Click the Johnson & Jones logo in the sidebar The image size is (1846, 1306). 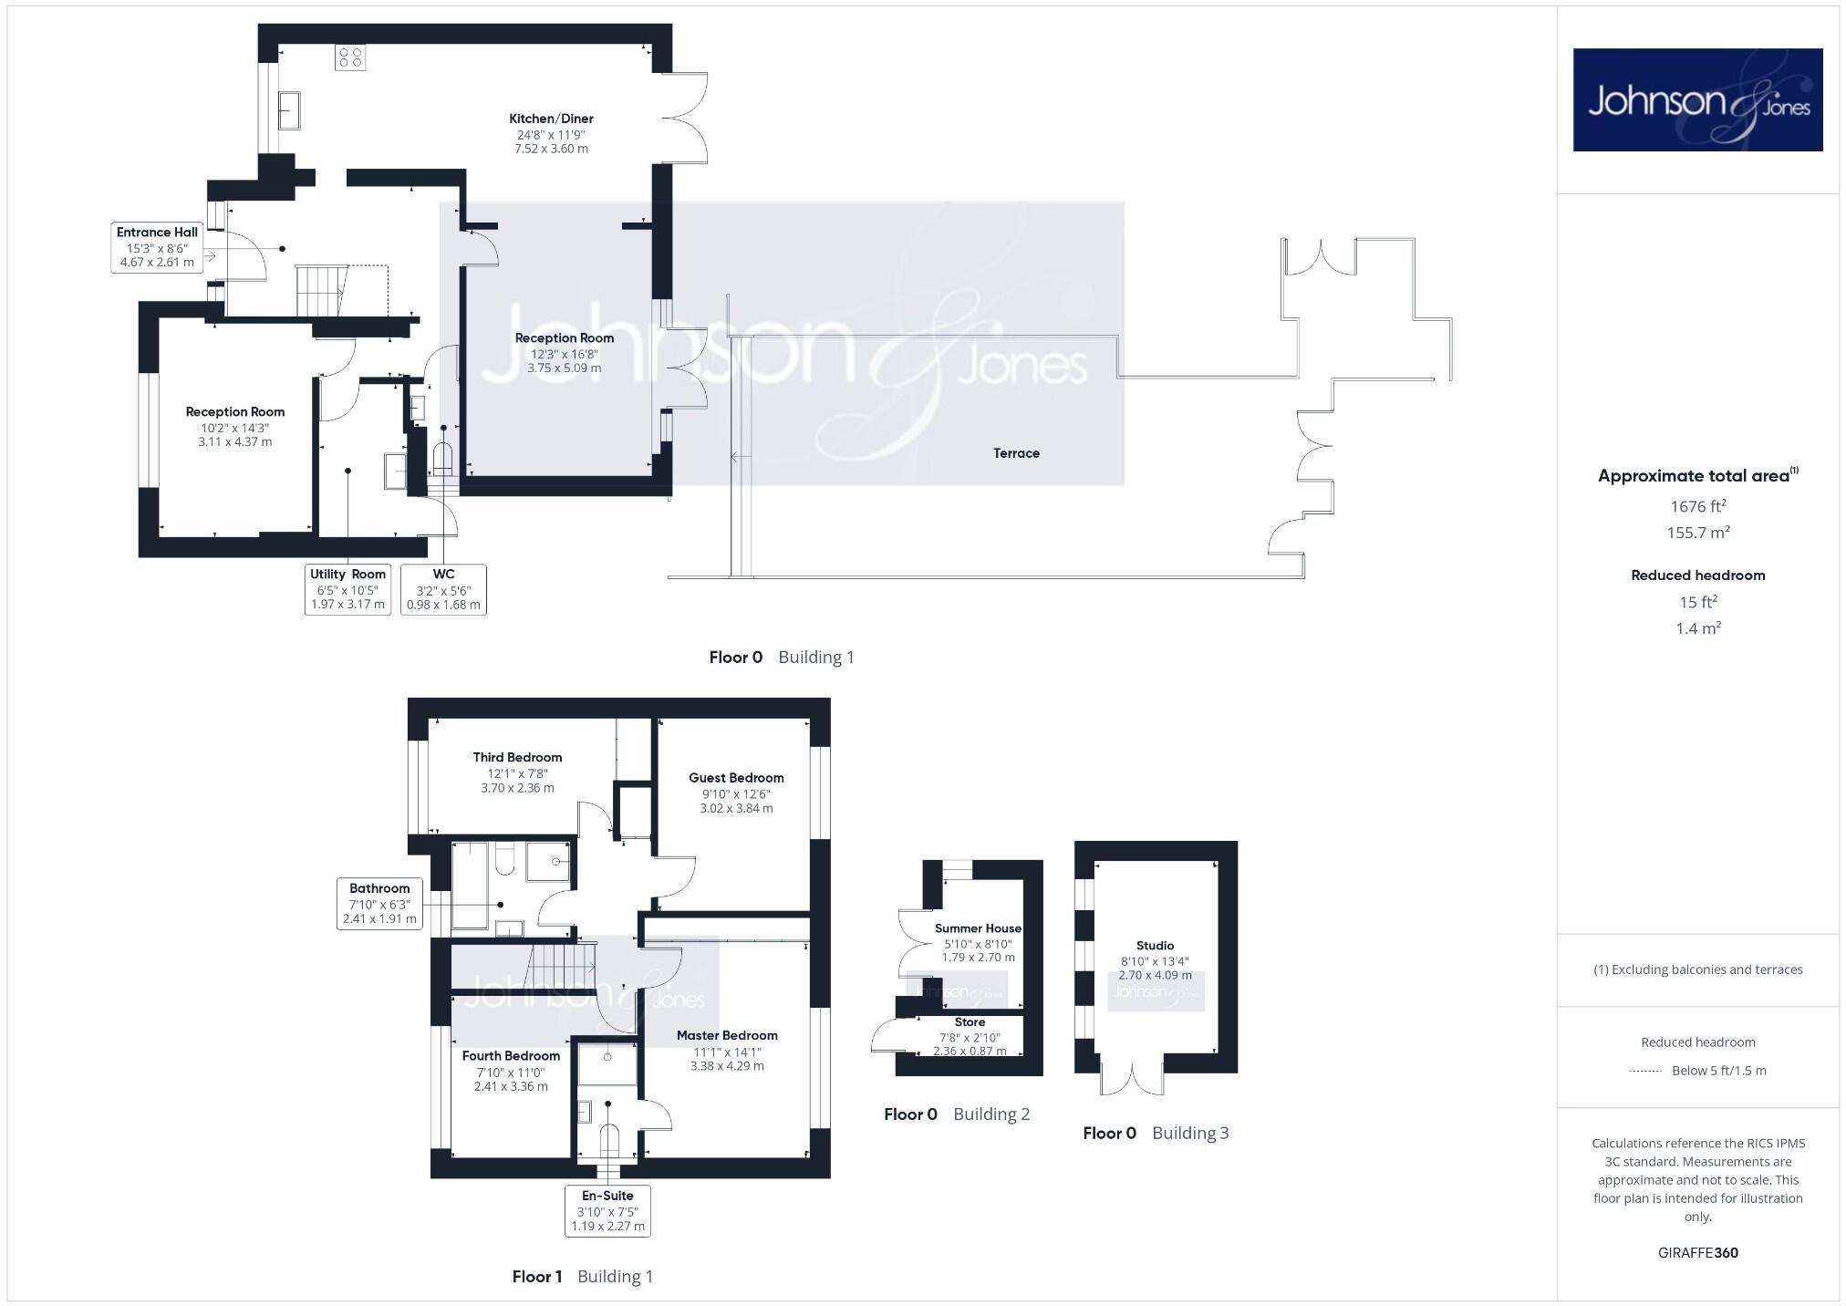pos(1697,99)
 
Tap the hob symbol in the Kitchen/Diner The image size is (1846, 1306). pos(350,57)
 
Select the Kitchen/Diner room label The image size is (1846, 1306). pos(551,119)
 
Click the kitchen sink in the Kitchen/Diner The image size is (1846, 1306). pos(289,110)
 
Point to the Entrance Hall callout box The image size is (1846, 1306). pos(157,247)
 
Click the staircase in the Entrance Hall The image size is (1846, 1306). pos(321,290)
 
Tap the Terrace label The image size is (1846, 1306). pos(1016,453)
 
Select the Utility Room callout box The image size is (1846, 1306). pos(347,589)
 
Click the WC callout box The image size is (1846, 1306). pos(443,589)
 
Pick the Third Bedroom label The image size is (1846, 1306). pos(517,757)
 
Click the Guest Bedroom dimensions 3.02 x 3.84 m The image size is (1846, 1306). pos(736,808)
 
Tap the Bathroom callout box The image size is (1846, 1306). pos(379,903)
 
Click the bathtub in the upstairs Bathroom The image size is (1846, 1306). pos(471,885)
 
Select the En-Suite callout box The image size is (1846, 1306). pos(607,1210)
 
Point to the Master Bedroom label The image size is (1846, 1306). pos(727,1035)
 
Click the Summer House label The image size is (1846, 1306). pos(978,928)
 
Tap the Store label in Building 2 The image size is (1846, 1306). pos(970,1022)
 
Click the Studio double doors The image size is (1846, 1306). pos(1132,1079)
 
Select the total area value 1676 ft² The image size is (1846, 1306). pos(1697,506)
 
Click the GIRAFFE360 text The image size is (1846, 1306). pos(1697,1252)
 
